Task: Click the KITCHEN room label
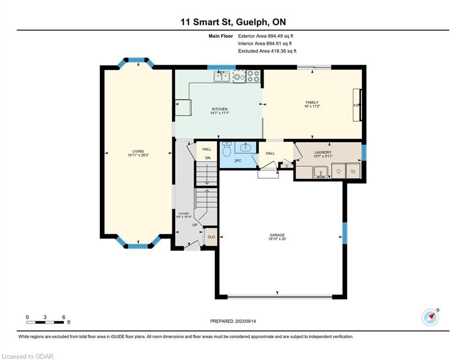click(220, 109)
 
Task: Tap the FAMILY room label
click(312, 102)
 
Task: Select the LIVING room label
click(138, 151)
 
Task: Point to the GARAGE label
click(277, 235)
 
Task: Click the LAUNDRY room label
click(323, 152)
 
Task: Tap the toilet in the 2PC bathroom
click(227, 149)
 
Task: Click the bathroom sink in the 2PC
click(245, 147)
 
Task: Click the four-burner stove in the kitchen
click(253, 76)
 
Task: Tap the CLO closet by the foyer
click(211, 237)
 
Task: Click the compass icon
click(430, 317)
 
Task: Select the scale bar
click(45, 322)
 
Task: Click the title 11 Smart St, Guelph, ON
click(233, 22)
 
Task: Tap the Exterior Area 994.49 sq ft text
click(266, 36)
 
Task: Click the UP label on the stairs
click(195, 225)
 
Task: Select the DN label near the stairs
click(208, 158)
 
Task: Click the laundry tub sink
click(321, 172)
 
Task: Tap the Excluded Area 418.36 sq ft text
click(267, 51)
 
